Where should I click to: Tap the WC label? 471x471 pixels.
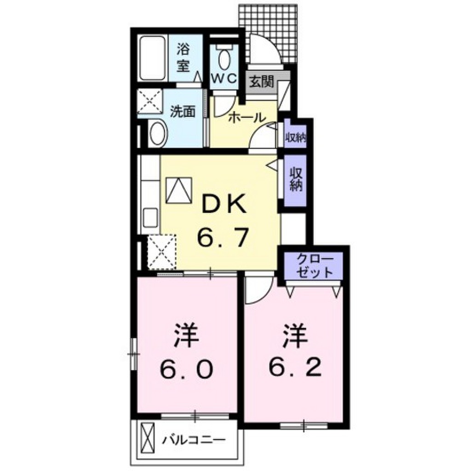(224, 78)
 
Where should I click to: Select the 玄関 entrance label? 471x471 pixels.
(262, 82)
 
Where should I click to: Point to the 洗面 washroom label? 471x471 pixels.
(183, 112)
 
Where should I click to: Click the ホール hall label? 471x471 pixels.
(247, 117)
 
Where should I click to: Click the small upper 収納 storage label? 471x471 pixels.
(296, 137)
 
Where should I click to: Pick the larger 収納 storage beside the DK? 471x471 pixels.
(295, 179)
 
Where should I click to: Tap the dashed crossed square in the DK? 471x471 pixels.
(162, 252)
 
